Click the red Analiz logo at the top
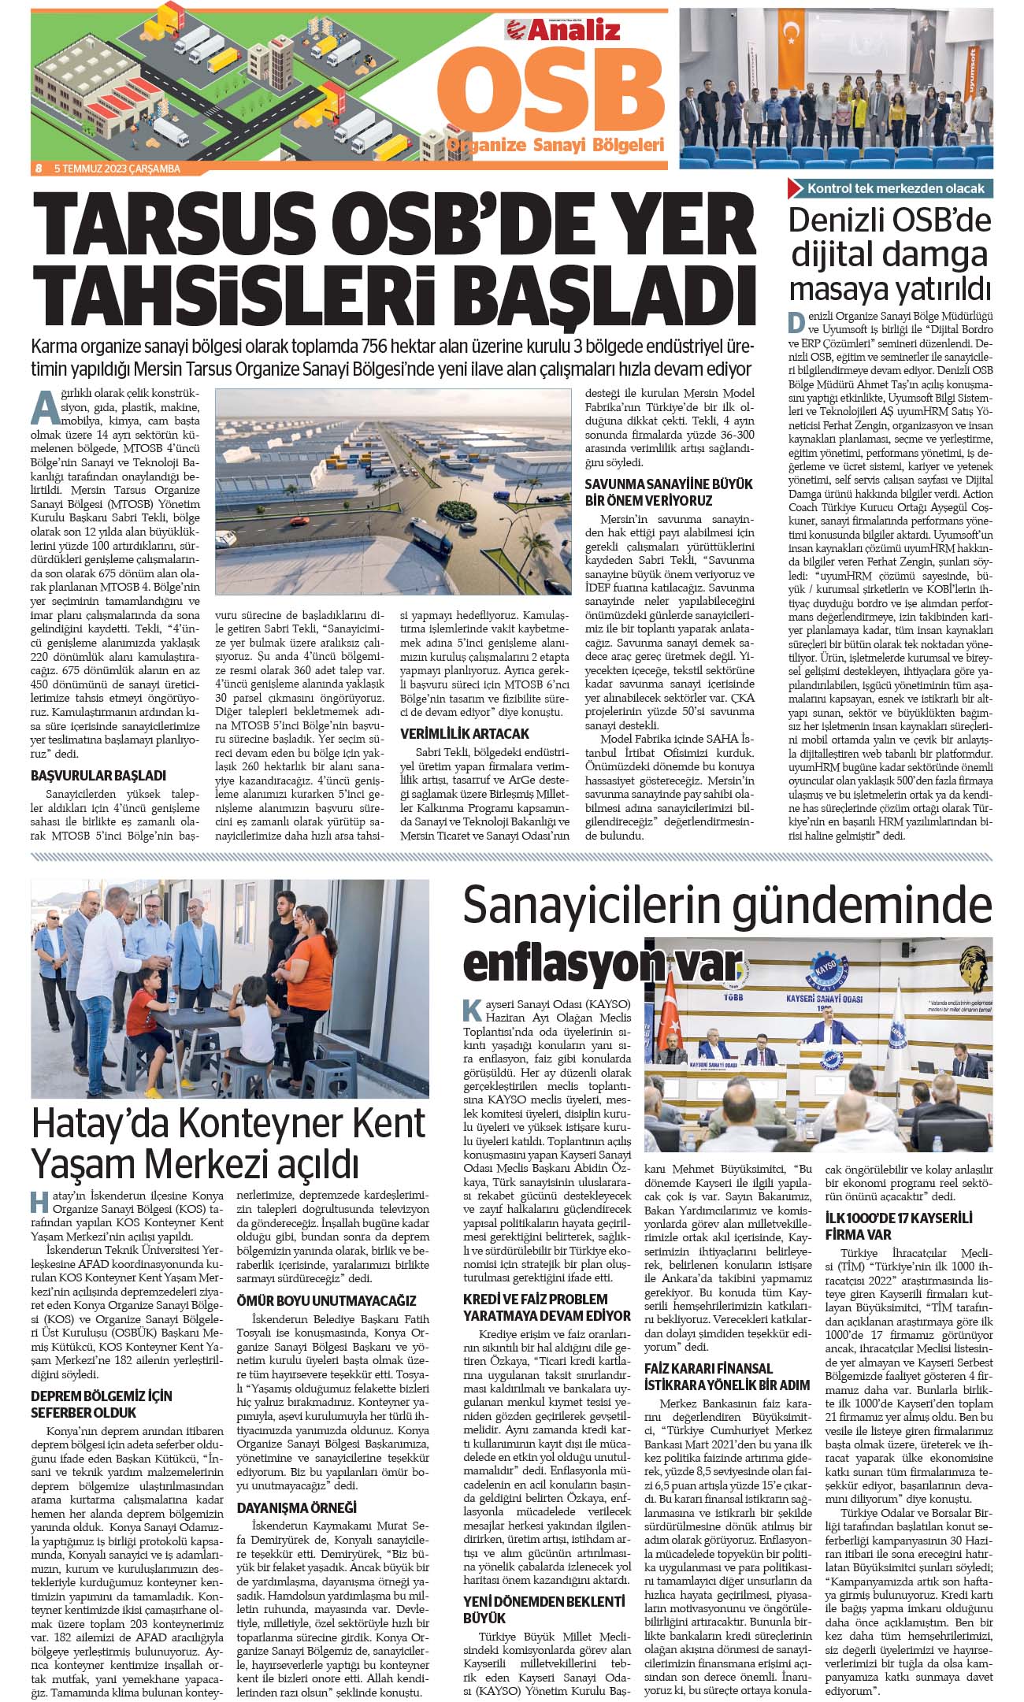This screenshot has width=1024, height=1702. point(563,30)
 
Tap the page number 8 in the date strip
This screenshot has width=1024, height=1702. point(38,169)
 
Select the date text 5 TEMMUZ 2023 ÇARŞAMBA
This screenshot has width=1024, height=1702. point(117,169)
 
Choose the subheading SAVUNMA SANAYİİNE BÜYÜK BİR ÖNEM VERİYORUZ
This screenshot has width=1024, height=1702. point(669,491)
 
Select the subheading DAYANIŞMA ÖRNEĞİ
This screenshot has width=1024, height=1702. point(297,1507)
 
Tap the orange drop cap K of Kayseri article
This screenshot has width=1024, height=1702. point(471,1010)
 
